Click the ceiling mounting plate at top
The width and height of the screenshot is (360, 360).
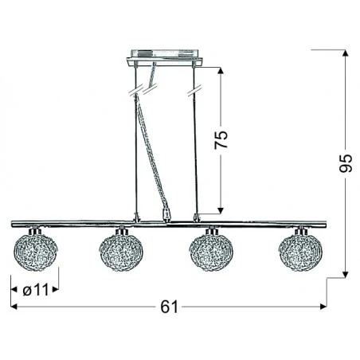point(166,60)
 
